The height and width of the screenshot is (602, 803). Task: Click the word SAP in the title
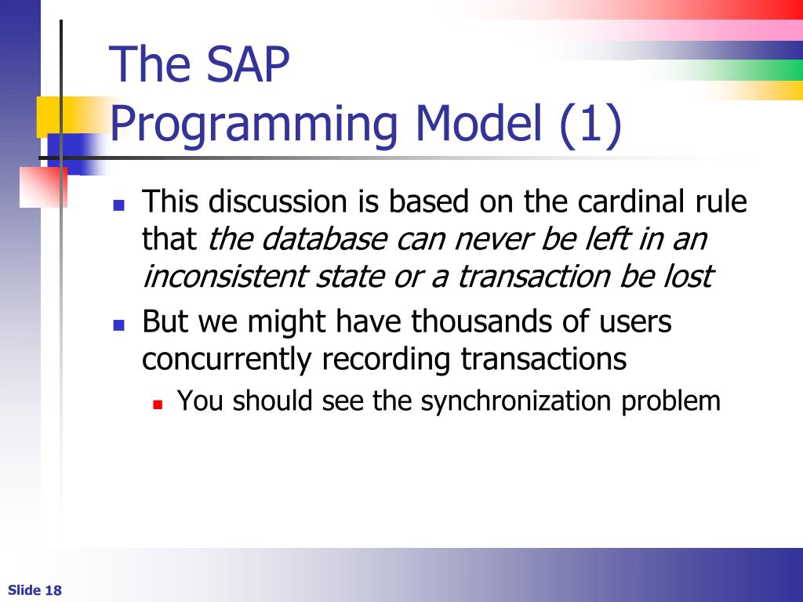click(247, 64)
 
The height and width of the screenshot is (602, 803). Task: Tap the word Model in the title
click(478, 123)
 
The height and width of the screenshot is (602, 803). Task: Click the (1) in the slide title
click(590, 125)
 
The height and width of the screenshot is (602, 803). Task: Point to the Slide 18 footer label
click(35, 590)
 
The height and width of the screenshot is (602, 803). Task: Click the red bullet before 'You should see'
click(158, 405)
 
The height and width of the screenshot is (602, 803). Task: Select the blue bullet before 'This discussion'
click(119, 205)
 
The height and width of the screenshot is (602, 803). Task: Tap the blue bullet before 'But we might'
click(119, 325)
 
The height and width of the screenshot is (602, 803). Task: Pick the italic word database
click(325, 239)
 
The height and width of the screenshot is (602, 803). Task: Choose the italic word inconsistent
click(224, 277)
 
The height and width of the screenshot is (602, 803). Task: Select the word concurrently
click(227, 359)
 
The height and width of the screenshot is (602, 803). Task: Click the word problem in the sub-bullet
click(671, 401)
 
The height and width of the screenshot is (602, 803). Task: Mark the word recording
click(386, 360)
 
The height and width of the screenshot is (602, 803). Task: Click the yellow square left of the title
click(49, 117)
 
